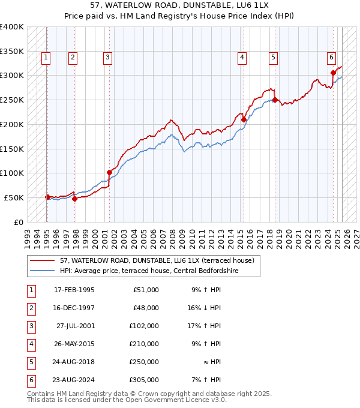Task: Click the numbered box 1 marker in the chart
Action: tap(46, 58)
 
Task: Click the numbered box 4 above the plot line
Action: tap(242, 58)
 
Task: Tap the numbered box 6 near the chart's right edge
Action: tap(331, 58)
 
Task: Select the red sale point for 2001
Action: tap(109, 173)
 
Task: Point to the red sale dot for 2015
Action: tap(244, 119)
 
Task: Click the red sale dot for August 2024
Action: tap(333, 73)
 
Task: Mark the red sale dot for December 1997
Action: tap(74, 199)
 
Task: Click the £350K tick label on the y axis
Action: tap(11, 52)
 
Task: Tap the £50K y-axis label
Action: tap(14, 197)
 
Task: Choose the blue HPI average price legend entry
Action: tap(149, 271)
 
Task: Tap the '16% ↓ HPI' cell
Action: tap(208, 308)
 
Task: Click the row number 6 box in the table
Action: tap(31, 380)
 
